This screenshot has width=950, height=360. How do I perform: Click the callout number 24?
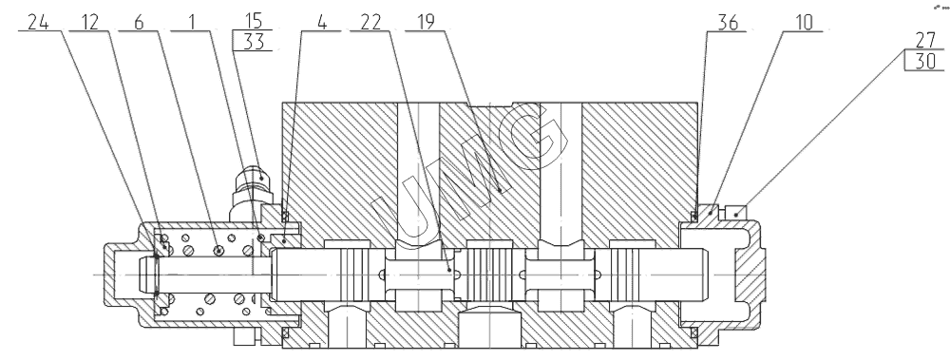pyautogui.click(x=38, y=23)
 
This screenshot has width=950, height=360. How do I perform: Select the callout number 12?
pyautogui.click(x=88, y=23)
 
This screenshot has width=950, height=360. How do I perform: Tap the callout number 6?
pyautogui.click(x=139, y=23)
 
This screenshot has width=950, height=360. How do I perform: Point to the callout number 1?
pyautogui.click(x=192, y=23)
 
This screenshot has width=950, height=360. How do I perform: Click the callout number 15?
pyautogui.click(x=254, y=21)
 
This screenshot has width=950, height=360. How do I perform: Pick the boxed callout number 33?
pyautogui.click(x=254, y=41)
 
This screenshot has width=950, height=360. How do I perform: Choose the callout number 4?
pyautogui.click(x=322, y=23)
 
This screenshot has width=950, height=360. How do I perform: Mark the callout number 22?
pyautogui.click(x=370, y=23)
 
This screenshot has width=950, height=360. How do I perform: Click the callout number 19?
pyautogui.click(x=426, y=23)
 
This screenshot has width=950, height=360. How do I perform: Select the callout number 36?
pyautogui.click(x=728, y=23)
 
